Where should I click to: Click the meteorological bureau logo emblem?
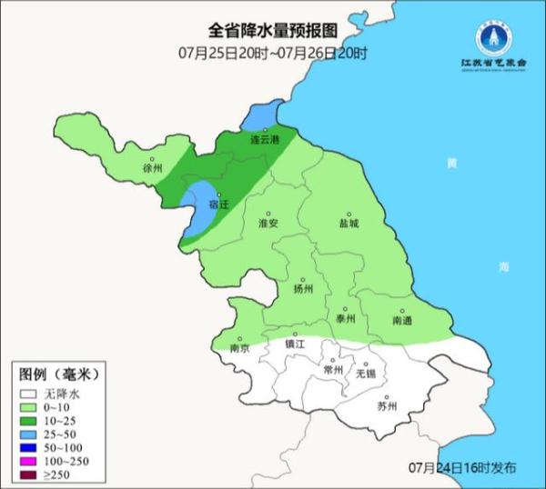coord(494,38)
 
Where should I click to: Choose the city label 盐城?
coord(349,223)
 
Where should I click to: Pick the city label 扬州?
coord(303,289)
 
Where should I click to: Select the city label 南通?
coord(402,321)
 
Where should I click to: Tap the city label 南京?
coord(239,348)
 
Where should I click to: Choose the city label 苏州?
coord(388,406)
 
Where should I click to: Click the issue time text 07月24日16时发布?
coord(461,467)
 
